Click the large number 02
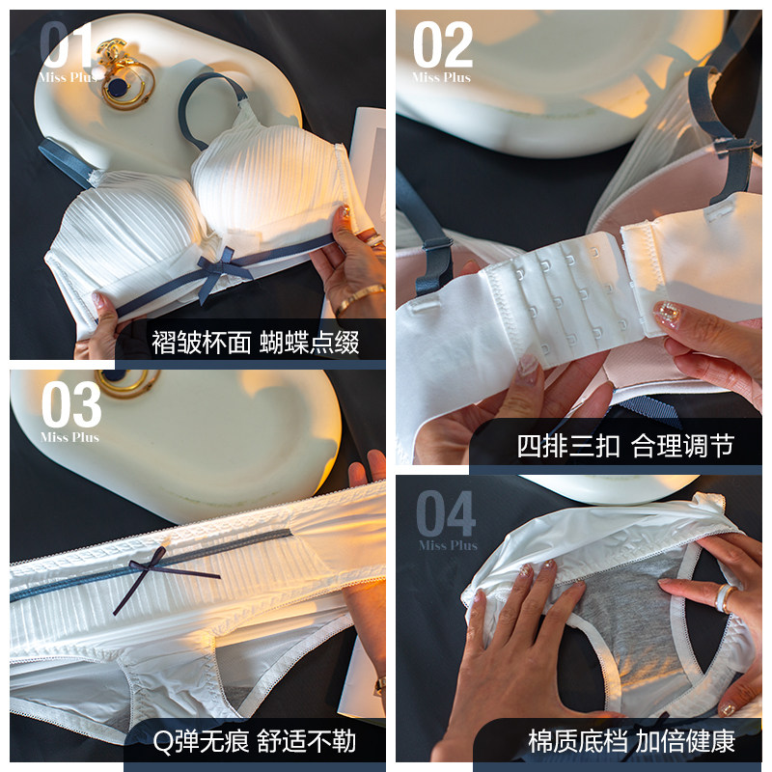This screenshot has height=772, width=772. click(x=443, y=45)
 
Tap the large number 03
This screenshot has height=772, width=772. click(x=71, y=404)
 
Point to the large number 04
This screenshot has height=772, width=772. click(x=446, y=513)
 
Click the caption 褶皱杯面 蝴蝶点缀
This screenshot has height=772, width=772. click(x=255, y=343)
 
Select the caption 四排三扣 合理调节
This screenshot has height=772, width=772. click(x=625, y=446)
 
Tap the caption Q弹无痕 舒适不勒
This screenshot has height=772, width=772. click(x=254, y=741)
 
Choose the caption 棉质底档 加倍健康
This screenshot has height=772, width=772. click(x=632, y=741)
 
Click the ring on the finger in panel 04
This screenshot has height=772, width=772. click(x=724, y=596)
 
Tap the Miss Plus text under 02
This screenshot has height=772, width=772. click(x=442, y=78)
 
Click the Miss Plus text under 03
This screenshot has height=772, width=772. click(x=69, y=437)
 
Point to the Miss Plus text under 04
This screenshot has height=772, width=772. click(x=448, y=545)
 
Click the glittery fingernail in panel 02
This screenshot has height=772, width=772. click(x=667, y=314)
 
